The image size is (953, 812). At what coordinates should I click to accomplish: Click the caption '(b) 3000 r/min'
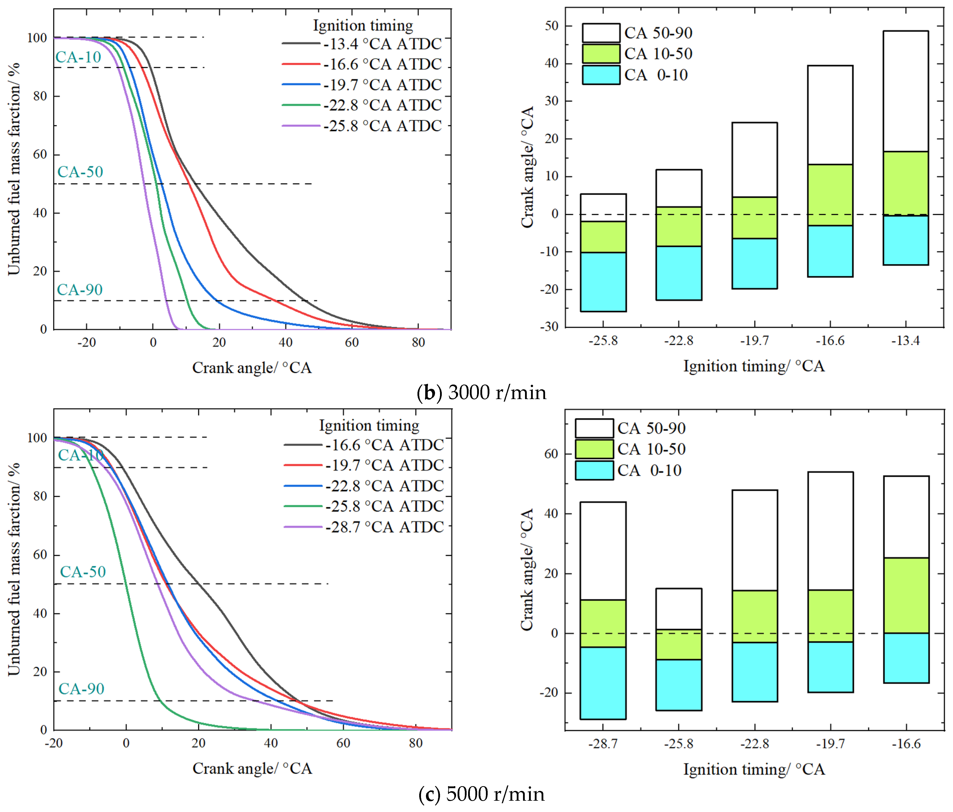(481, 392)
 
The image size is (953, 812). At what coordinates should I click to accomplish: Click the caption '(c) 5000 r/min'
(481, 794)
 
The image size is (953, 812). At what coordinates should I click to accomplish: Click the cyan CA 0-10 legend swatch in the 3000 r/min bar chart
(601, 75)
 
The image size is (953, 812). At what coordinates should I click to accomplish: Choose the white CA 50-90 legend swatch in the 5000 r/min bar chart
(594, 428)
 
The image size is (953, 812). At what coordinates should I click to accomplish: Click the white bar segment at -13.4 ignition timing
(905, 91)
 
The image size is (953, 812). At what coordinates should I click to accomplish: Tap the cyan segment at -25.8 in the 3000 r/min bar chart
(603, 281)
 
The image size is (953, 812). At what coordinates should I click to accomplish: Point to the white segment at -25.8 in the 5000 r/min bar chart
(678, 608)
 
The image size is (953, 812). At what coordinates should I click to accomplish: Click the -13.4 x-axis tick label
(905, 341)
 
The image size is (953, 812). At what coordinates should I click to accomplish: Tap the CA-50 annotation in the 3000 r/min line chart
(80, 172)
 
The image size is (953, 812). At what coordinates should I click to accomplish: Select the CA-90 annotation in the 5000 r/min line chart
(81, 689)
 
